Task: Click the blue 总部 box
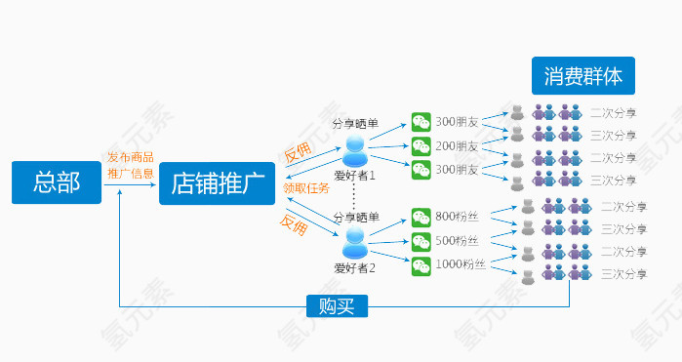click(57, 182)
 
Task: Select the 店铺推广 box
click(217, 182)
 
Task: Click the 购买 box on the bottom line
click(337, 306)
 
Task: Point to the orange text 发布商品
click(131, 157)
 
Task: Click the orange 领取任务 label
click(306, 188)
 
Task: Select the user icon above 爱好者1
click(355, 150)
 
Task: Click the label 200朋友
click(457, 146)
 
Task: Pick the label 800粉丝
click(457, 216)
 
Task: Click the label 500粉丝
click(457, 240)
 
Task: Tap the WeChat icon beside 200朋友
click(421, 146)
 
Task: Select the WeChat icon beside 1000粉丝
click(421, 264)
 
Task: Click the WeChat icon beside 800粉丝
click(421, 217)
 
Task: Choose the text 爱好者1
click(355, 176)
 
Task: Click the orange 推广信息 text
click(131, 174)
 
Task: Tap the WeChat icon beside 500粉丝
click(421, 240)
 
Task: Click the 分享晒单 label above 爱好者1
click(355, 124)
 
